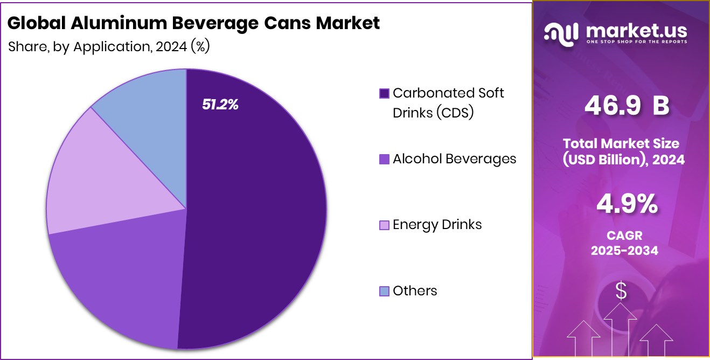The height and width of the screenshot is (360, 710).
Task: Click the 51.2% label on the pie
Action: click(220, 105)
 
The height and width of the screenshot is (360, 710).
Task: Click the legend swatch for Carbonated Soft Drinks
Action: click(384, 94)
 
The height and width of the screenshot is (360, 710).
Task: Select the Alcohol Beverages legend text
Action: click(454, 159)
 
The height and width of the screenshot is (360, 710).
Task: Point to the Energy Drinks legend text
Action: click(437, 225)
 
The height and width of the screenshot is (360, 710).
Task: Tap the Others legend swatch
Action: click(384, 292)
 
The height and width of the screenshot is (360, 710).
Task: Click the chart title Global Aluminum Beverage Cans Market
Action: click(194, 23)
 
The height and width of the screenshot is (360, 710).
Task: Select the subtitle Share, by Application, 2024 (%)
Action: click(109, 47)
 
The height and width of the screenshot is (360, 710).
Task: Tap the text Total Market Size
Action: click(621, 143)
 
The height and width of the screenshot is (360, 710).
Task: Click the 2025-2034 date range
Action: click(624, 251)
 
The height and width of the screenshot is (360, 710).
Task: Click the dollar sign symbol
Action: click(621, 291)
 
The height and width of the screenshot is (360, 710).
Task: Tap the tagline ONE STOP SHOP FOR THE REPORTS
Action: click(637, 42)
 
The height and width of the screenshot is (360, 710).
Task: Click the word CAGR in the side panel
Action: click(624, 236)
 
